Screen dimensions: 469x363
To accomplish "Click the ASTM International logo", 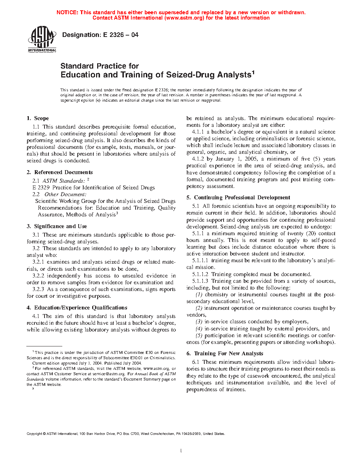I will pos(42,39).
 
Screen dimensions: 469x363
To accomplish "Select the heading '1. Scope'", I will pos(38,118).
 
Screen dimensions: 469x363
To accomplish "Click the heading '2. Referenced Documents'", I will pos(59,172).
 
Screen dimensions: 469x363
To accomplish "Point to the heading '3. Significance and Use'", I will pos(57,226).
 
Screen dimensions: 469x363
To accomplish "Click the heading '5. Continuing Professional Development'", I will pos(238,198).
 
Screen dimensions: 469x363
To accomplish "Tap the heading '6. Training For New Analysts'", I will pos(225,354).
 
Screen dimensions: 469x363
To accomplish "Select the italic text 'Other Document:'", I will pos(65,194).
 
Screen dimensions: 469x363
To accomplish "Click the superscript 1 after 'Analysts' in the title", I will pos(253,72).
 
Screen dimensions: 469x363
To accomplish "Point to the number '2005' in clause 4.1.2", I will pos(251,159).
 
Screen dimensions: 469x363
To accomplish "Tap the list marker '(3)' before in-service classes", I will pos(199,322).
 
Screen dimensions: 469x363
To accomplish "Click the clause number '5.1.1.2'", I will pos(200,274).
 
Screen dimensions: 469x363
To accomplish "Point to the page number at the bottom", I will pos(181,451).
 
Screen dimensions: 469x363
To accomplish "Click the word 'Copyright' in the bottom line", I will pos(34,433).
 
